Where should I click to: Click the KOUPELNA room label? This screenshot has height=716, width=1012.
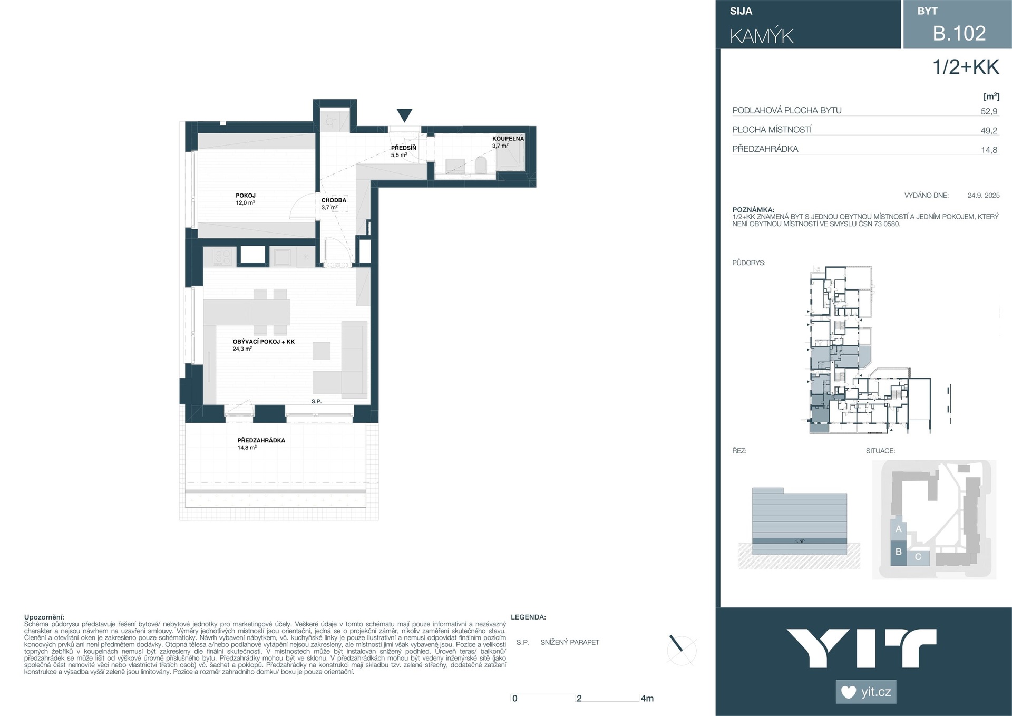point(508,142)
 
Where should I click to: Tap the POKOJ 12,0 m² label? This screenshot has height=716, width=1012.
point(246,199)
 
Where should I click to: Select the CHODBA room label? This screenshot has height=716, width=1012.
point(334,204)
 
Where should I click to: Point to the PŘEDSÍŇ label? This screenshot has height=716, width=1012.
point(403,151)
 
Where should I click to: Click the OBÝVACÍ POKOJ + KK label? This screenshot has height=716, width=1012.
point(264,345)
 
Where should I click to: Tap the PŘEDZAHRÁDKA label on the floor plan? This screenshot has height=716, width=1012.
point(261,443)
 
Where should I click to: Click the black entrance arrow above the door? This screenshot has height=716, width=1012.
point(404,115)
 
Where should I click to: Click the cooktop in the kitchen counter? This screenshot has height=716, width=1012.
point(223,257)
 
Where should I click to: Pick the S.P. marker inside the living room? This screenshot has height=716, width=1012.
point(316,401)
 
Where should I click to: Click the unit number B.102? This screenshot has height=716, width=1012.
point(959,33)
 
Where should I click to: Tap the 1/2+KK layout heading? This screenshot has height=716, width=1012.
point(966,67)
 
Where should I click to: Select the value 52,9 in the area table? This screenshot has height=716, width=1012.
point(989,111)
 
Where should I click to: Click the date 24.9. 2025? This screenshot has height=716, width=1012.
point(984,195)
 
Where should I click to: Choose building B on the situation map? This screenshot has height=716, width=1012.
point(899,552)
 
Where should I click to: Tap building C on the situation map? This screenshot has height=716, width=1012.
point(918,557)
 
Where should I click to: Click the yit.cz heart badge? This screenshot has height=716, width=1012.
point(866,692)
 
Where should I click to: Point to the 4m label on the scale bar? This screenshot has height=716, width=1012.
point(647,699)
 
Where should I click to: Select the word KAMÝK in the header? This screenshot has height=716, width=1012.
point(762,36)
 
